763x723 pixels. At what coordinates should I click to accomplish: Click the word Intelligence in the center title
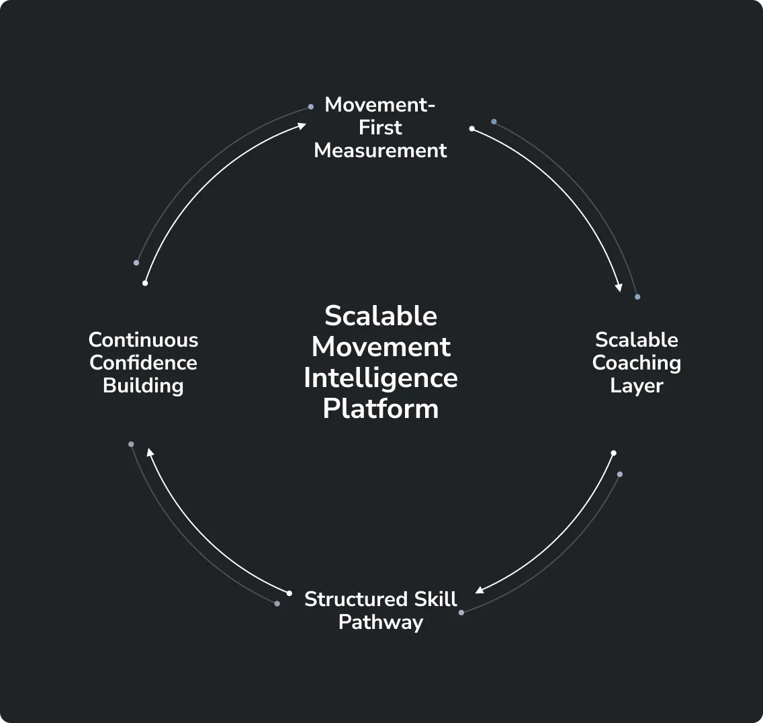point(381,378)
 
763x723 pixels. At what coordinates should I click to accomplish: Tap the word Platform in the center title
point(381,409)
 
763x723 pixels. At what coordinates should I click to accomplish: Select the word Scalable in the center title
point(381,316)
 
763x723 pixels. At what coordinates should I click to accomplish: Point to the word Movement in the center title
point(381,347)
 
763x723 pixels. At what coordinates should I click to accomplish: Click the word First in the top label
point(380,128)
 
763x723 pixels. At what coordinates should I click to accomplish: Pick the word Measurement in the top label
point(380,151)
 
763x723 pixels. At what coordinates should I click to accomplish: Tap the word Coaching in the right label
point(636,363)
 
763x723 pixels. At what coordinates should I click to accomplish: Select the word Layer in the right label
point(636,386)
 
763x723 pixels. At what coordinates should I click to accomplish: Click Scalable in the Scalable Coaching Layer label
point(636,340)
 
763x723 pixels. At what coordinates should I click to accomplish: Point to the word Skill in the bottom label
point(435,599)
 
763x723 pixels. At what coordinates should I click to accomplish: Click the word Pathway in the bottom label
point(380,622)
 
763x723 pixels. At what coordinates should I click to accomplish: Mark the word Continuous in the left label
point(143,340)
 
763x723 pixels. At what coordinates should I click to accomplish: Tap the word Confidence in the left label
point(143,363)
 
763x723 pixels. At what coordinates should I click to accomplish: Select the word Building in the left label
point(143,386)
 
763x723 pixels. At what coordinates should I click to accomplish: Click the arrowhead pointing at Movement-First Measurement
point(302,125)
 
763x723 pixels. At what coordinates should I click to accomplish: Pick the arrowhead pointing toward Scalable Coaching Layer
point(619,287)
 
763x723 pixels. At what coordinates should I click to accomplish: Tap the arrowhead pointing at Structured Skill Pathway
point(480,591)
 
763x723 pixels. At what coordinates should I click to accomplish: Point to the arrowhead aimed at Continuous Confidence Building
point(150,453)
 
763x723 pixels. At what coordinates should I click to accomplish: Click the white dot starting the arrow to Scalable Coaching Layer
point(472,128)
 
